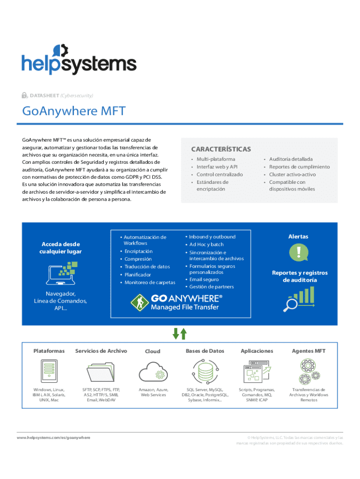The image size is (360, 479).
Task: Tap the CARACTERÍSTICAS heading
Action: click(221, 149)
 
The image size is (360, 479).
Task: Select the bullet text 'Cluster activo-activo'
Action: click(292, 174)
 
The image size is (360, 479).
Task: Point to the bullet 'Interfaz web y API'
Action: click(217, 167)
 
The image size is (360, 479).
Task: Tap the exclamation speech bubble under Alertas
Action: click(298, 253)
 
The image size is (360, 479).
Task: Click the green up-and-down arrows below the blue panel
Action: click(180, 334)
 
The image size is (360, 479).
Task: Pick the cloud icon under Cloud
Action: click(153, 370)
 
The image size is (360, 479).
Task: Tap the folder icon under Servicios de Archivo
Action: click(101, 371)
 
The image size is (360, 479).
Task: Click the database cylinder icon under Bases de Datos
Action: click(205, 371)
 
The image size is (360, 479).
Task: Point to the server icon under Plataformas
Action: click(49, 371)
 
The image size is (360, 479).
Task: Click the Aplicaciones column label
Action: click(257, 351)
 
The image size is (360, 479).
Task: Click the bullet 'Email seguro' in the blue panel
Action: click(204, 279)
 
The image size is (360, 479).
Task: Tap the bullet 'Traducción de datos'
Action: click(147, 267)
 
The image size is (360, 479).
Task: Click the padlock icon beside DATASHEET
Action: click(24, 95)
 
